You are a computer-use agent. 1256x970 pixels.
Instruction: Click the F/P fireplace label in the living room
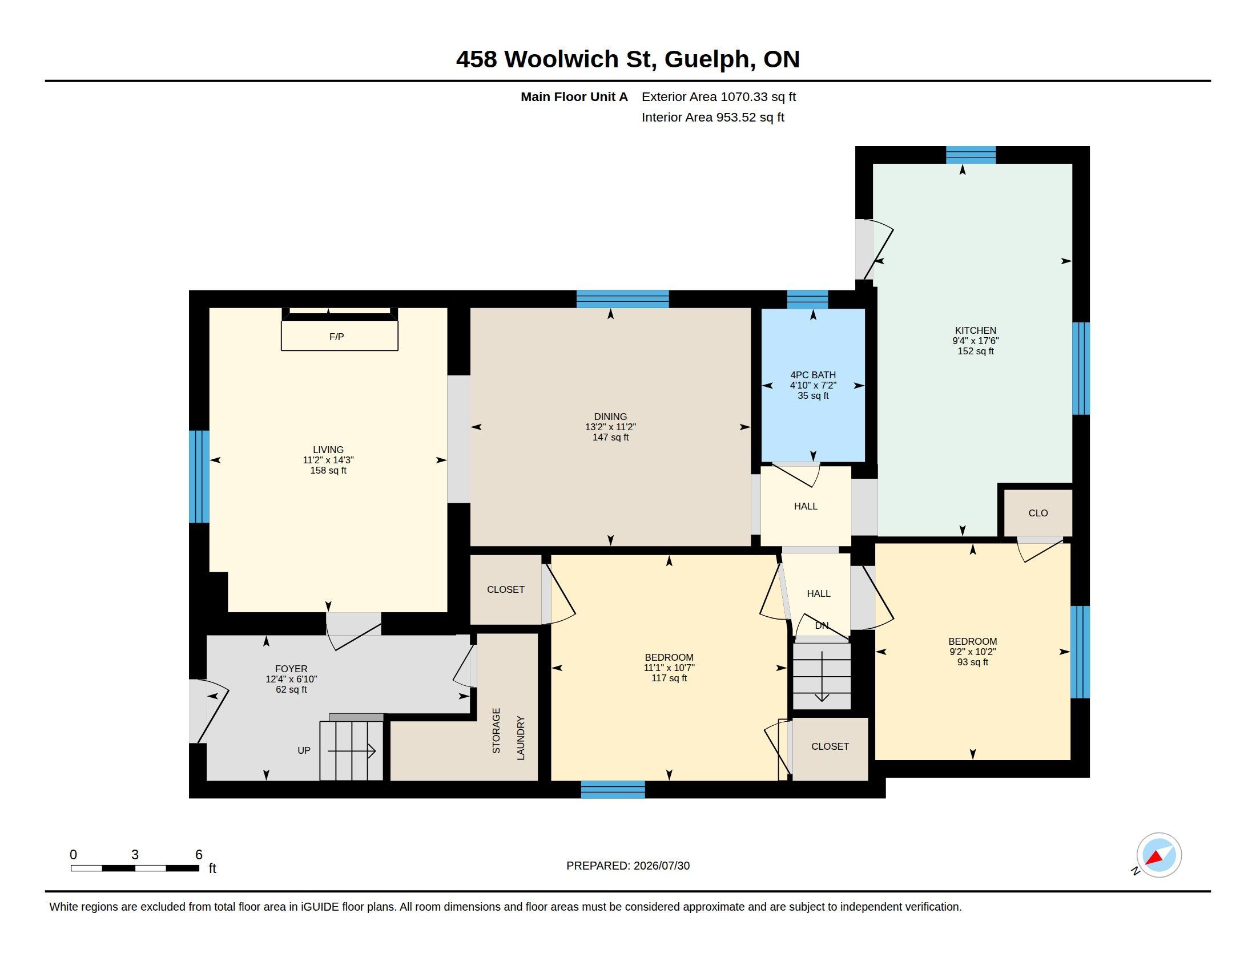tap(336, 337)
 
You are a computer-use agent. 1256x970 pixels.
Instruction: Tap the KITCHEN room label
tap(975, 330)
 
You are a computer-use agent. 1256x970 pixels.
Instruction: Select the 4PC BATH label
tap(812, 375)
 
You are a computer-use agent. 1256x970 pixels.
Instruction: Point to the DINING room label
tap(610, 417)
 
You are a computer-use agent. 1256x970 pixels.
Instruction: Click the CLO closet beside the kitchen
tap(1038, 513)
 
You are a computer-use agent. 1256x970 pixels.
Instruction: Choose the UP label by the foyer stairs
tap(304, 750)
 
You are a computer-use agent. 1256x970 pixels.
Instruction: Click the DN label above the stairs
tap(822, 625)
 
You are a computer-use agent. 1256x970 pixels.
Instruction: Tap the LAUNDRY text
tap(521, 738)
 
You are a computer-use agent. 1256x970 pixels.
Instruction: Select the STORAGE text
tap(496, 730)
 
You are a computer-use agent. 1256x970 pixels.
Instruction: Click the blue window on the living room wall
tap(199, 476)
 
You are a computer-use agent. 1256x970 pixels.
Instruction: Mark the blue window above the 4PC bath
tap(807, 300)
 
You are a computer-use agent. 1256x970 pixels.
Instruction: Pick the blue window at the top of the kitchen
tap(971, 155)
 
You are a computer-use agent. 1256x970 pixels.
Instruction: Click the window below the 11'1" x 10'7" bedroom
tap(613, 790)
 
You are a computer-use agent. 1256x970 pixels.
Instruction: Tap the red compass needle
tap(1155, 859)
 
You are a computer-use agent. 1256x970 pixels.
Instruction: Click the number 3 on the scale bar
tap(135, 855)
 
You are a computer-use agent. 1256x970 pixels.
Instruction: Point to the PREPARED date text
tap(628, 866)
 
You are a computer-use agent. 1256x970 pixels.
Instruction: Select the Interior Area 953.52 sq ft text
tap(712, 117)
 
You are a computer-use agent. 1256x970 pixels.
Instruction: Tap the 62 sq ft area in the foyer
tap(291, 690)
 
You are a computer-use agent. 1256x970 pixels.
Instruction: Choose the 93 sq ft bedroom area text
tap(972, 662)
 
